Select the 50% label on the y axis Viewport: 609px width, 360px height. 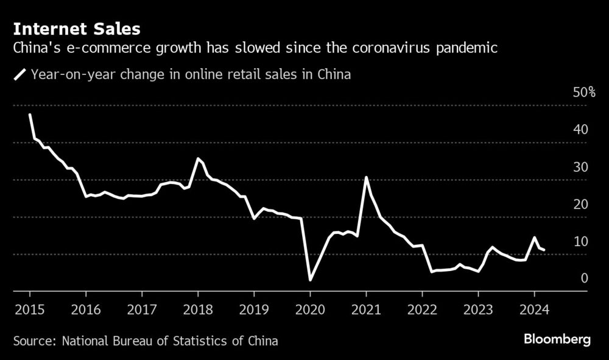[x=583, y=93]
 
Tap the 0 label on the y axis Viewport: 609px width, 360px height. [x=583, y=278]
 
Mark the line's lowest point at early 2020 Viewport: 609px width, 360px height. [x=310, y=280]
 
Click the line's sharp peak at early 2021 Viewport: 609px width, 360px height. [x=366, y=177]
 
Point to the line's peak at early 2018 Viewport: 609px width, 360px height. [x=198, y=158]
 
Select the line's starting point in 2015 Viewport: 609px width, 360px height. [x=30, y=115]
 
